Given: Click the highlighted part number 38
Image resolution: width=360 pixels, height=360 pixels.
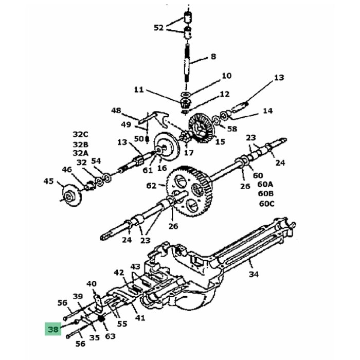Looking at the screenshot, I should coord(53,329).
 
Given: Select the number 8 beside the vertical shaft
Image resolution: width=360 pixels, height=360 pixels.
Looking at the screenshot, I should coord(213,58).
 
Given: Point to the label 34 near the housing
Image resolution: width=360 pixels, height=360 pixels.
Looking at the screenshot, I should coord(254,274).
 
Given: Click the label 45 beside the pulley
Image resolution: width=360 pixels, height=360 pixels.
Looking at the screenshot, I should coord(48,181).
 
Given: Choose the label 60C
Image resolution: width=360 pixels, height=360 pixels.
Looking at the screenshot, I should coord(266,203).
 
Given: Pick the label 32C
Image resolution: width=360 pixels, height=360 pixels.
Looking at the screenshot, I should coord(80,135).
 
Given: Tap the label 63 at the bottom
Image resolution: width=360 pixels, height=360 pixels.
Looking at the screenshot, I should coord(110,336).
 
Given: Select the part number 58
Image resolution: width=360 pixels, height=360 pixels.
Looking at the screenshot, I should coord(232,129).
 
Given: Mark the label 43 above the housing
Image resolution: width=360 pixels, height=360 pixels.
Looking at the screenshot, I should coord(135,267).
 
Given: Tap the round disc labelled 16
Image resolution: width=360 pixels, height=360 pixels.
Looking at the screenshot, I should coord(166,150).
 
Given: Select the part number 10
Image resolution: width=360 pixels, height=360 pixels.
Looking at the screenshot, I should coord(226,76).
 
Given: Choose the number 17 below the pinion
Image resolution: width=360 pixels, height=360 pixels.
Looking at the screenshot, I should coord(188,153).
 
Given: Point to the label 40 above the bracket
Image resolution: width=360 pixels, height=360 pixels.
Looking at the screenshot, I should coord(92,284).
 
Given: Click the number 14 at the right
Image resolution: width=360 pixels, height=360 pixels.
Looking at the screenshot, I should coord(267,111).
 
